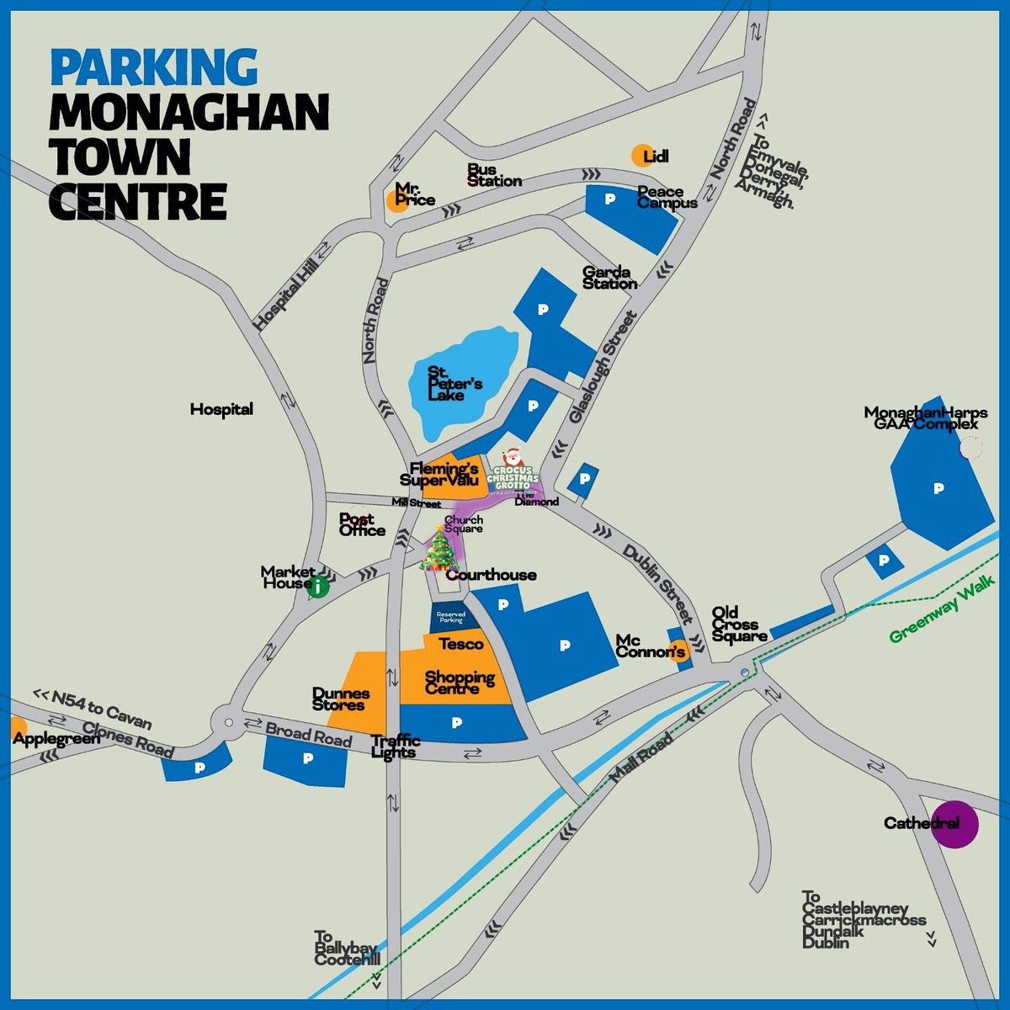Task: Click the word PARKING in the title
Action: pos(154,68)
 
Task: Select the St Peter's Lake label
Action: pos(454,383)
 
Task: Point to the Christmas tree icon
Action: pos(439,549)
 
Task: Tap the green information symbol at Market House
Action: pos(317,587)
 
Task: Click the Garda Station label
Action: pos(610,278)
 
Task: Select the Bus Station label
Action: pos(494,175)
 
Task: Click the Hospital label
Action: pos(221,410)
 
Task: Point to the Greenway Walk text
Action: pos(942,609)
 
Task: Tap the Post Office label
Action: pos(362,524)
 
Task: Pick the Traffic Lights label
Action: pos(396,746)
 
